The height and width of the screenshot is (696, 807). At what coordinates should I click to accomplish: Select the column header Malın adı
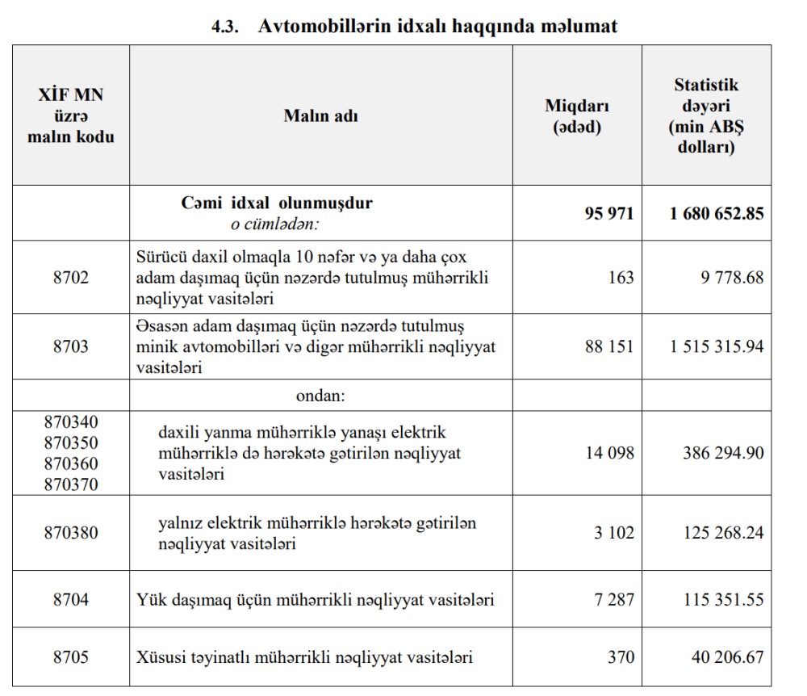[x=320, y=115]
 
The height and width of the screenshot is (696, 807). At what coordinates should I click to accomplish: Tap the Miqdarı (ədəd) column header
[x=577, y=116]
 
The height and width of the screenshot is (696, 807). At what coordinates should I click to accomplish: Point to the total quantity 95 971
[x=609, y=213]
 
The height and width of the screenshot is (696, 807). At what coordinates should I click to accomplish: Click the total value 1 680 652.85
[x=717, y=213]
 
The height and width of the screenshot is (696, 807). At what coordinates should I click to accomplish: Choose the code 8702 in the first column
[x=71, y=277]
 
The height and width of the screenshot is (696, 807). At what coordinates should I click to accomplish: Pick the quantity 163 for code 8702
[x=621, y=277]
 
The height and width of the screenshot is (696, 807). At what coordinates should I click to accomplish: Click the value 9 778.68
[x=728, y=277]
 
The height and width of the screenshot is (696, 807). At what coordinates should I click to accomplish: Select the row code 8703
[x=71, y=346]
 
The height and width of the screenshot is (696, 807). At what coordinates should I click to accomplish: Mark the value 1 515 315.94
[x=717, y=346]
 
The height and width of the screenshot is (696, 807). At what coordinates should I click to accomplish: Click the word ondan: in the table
[x=320, y=396]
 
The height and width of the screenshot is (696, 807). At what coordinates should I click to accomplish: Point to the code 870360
[x=71, y=463]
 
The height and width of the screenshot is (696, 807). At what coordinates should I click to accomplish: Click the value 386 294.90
[x=722, y=453]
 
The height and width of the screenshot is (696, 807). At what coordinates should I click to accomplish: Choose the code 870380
[x=71, y=533]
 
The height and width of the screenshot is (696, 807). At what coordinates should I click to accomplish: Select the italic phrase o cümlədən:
[x=276, y=224]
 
